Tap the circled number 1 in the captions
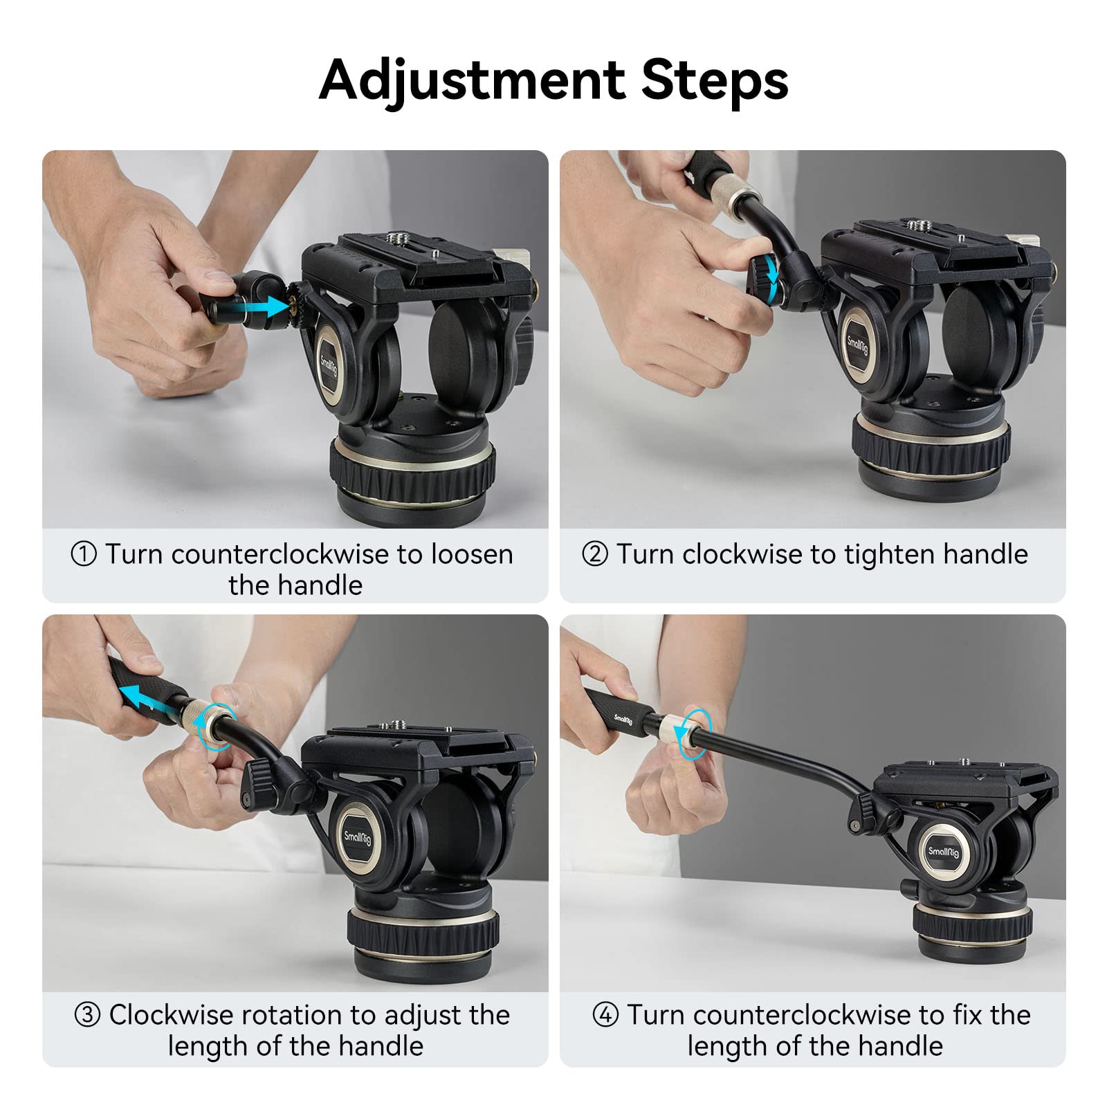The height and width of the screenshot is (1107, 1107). pyautogui.click(x=84, y=554)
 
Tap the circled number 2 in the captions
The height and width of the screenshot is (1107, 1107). pyautogui.click(x=595, y=554)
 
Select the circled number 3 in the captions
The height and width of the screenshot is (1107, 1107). pyautogui.click(x=87, y=1015)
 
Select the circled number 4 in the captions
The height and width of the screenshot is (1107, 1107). pyautogui.click(x=605, y=1015)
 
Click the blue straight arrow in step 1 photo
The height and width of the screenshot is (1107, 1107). pyautogui.click(x=265, y=305)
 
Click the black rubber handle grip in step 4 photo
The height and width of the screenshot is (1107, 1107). pyautogui.click(x=619, y=712)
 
